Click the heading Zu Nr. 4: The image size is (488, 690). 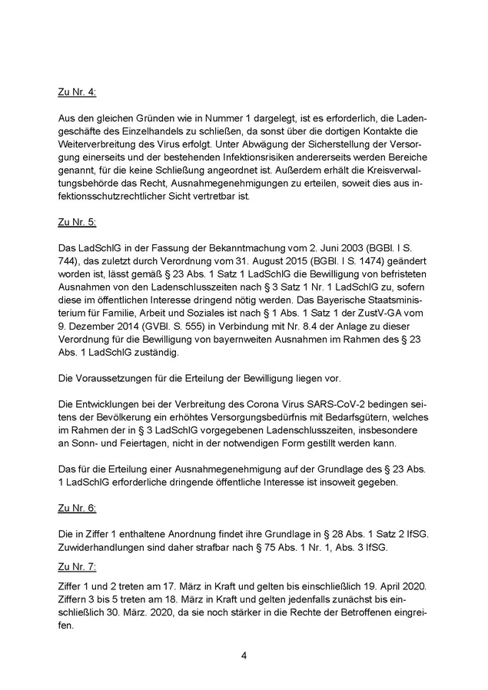(77, 91)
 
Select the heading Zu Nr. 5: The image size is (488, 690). (77, 223)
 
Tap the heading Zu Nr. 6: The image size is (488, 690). (77, 509)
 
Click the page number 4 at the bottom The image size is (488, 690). (244, 655)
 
